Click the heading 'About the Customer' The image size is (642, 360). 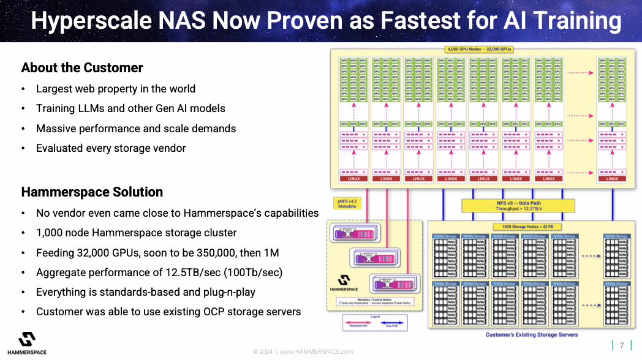[x=82, y=68]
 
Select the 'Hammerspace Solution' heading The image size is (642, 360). [x=92, y=192]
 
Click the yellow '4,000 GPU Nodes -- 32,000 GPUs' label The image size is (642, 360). [x=480, y=49]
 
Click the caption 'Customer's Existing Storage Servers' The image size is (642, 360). [x=531, y=335]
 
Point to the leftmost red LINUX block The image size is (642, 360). [x=353, y=179]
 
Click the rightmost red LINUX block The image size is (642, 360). [x=612, y=179]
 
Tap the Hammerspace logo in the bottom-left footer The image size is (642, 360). [x=26, y=343]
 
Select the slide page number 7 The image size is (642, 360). [x=622, y=345]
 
